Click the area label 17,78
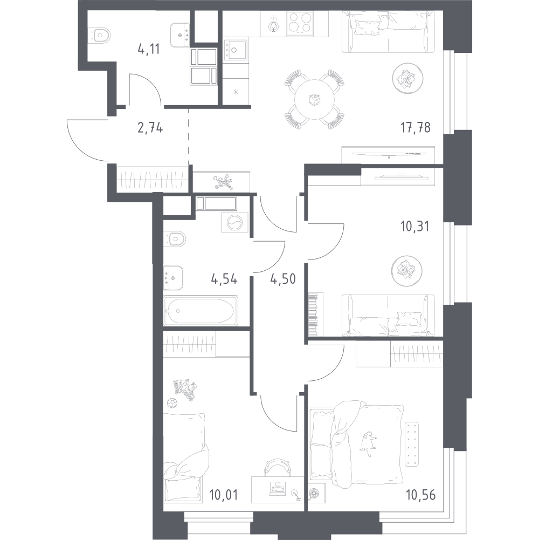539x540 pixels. [x=416, y=127]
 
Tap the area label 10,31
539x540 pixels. [x=414, y=226]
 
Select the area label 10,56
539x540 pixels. [x=420, y=495]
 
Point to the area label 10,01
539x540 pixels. [x=223, y=495]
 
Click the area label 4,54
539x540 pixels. [x=224, y=278]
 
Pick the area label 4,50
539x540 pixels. [x=283, y=278]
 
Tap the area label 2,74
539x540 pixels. [x=150, y=128]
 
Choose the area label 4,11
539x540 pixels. [x=149, y=49]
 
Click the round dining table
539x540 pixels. [x=315, y=99]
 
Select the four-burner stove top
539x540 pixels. [x=300, y=23]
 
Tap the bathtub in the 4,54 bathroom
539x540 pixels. [x=201, y=310]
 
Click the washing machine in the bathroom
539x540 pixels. [x=234, y=222]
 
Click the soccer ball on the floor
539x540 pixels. [x=171, y=402]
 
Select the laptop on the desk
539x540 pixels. [x=278, y=488]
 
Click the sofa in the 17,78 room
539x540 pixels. [x=388, y=32]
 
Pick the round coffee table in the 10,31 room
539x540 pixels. [x=406, y=271]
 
